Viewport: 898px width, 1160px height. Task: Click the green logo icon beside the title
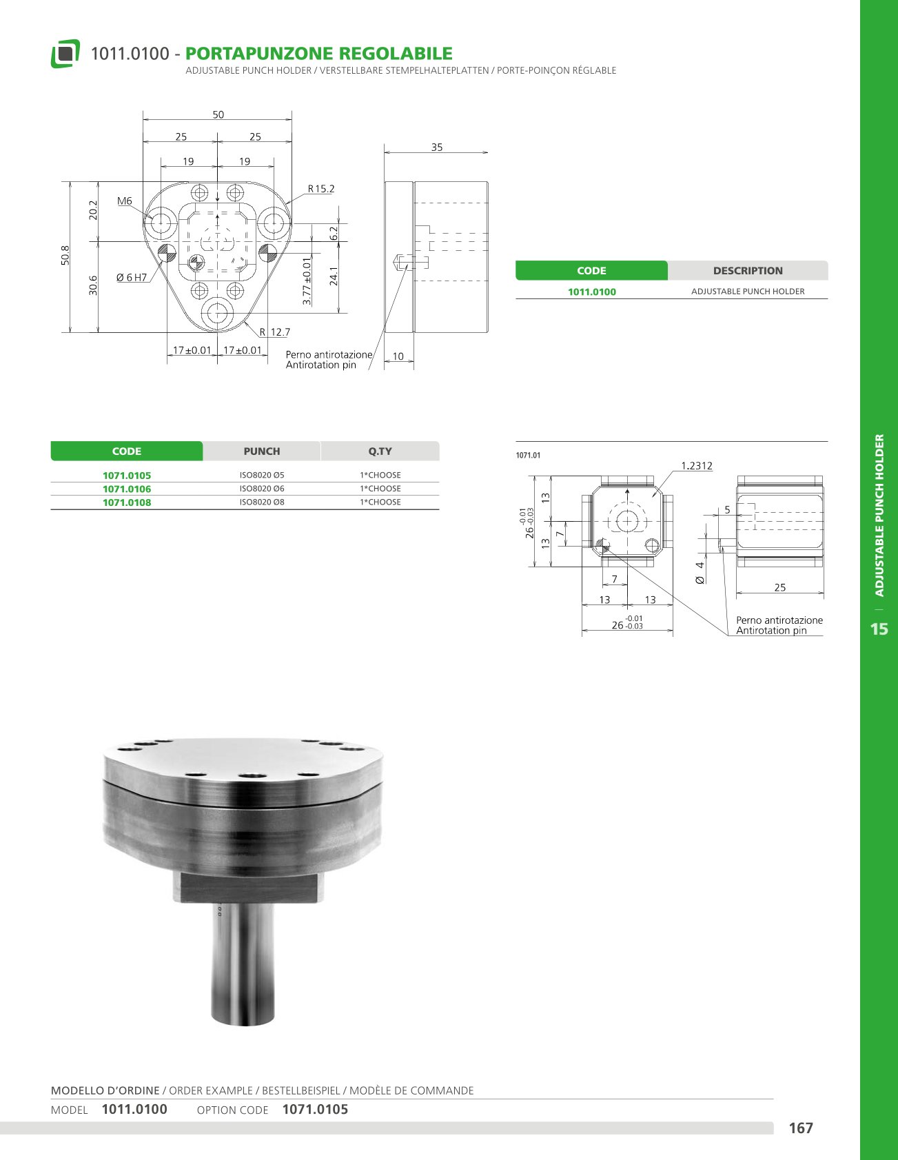tap(65, 54)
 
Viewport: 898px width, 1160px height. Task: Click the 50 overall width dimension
tap(218, 115)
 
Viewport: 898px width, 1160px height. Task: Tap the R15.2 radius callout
tap(321, 189)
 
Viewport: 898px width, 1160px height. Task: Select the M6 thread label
tap(125, 201)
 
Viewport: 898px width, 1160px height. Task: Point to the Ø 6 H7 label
tap(132, 278)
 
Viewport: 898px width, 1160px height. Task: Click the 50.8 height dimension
tap(65, 256)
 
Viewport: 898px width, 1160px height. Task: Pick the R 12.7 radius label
tap(275, 332)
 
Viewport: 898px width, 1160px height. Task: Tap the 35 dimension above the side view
tap(437, 147)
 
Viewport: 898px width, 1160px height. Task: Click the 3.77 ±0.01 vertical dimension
tap(307, 281)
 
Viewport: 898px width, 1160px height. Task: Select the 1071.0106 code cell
tap(127, 489)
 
